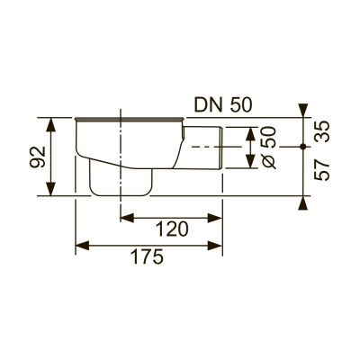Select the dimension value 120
(171, 230)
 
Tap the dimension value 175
(148, 257)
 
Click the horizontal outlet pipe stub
(202, 148)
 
